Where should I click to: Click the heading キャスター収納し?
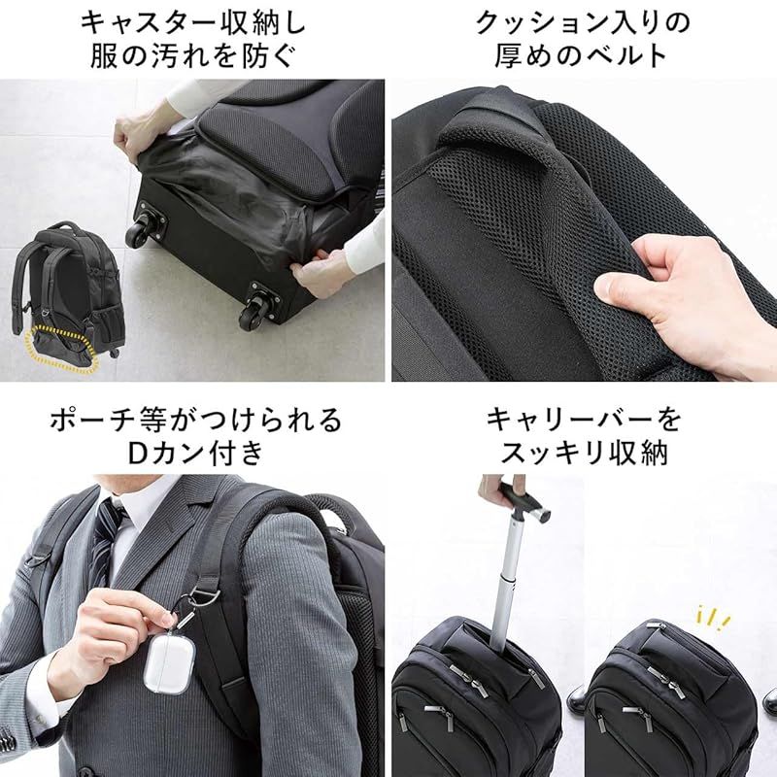coord(192,23)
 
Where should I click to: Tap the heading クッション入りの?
coord(584,23)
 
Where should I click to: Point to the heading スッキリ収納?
coord(585,453)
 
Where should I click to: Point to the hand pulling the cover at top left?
coord(142,134)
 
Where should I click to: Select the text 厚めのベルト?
coord(582,55)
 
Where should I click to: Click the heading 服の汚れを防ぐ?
coord(192,55)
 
